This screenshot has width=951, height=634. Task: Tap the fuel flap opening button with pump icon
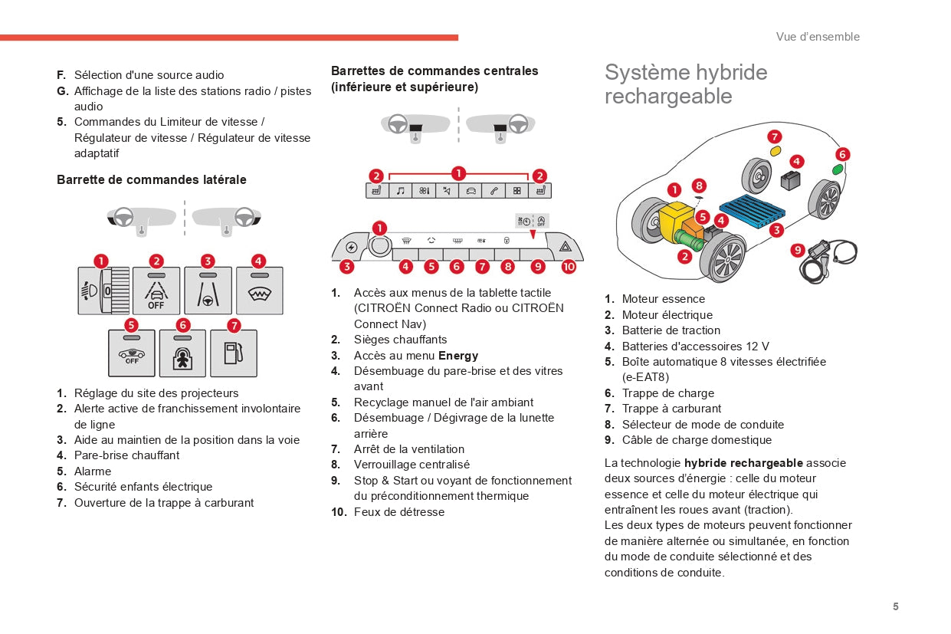[x=233, y=353]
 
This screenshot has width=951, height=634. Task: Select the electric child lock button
[x=182, y=353]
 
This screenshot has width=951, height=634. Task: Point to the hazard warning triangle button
[x=565, y=247]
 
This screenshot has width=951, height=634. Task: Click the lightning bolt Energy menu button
[x=351, y=247]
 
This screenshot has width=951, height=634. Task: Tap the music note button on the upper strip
[x=400, y=191]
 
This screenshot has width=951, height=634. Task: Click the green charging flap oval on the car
[x=838, y=170]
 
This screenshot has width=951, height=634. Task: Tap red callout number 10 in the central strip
[x=568, y=267]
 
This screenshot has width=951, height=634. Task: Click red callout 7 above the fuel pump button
[x=234, y=325]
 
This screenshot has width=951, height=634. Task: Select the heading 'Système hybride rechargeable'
[x=685, y=84]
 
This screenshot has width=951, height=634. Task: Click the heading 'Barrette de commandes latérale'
[x=152, y=180]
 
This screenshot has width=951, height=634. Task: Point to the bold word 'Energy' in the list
[x=457, y=356]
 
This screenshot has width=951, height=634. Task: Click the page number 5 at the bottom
[x=895, y=606]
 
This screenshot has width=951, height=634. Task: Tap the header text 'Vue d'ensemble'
[x=818, y=37]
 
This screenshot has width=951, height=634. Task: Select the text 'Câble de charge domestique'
[x=697, y=440]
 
